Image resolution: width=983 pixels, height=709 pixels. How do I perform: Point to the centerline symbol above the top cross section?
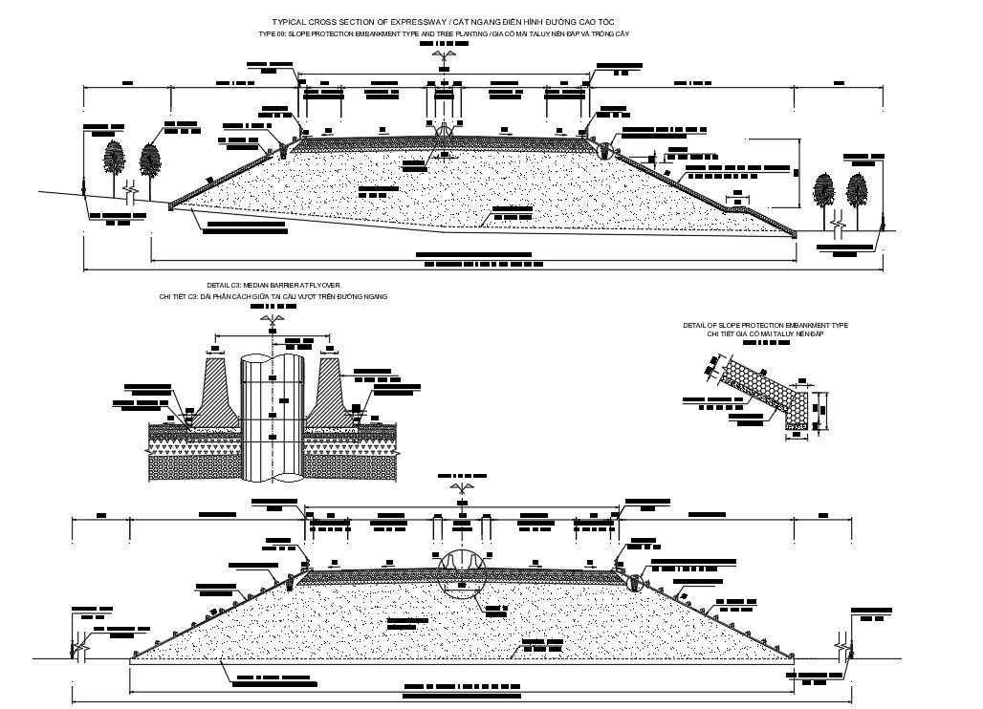[442, 57]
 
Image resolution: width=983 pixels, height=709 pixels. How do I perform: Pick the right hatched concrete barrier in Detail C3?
[330, 387]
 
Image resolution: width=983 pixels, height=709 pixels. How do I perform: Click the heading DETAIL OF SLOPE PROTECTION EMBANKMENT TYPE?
[765, 326]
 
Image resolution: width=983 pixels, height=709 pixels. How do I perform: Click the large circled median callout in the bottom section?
[462, 569]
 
